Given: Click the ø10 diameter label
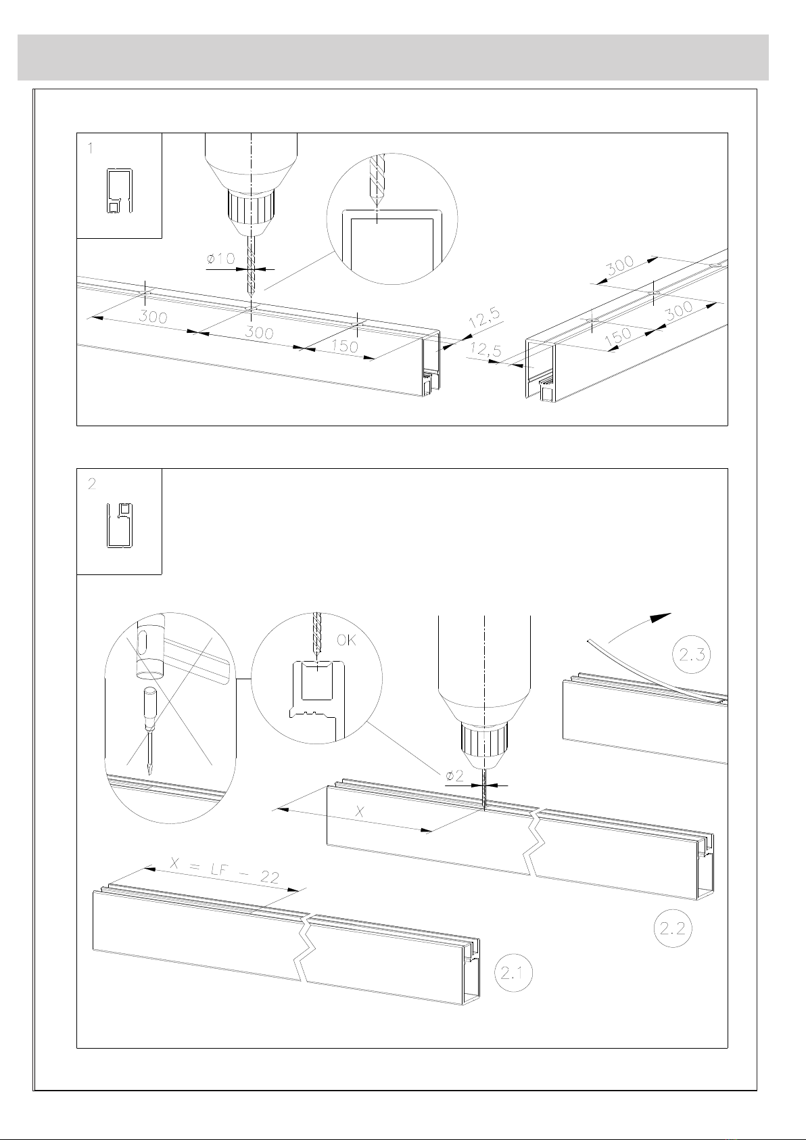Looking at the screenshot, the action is click(220, 258).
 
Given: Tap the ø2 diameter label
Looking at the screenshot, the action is click(454, 775).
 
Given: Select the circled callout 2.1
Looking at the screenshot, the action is click(513, 973).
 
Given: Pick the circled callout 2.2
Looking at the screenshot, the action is click(673, 928).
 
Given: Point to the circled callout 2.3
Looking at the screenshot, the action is click(691, 654).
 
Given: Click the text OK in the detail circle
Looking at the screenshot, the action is click(346, 640).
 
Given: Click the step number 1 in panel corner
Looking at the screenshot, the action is click(91, 149).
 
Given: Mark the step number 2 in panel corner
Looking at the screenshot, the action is click(91, 484).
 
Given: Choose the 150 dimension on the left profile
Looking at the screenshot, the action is click(345, 346).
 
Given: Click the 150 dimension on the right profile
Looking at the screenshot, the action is click(619, 336).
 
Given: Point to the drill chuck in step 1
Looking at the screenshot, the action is click(251, 212).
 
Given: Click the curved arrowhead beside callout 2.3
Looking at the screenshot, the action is click(661, 617).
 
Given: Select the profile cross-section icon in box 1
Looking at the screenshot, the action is click(120, 190).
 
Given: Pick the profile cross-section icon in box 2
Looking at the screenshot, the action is click(120, 526).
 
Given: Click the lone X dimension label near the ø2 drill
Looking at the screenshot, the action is click(359, 811).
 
